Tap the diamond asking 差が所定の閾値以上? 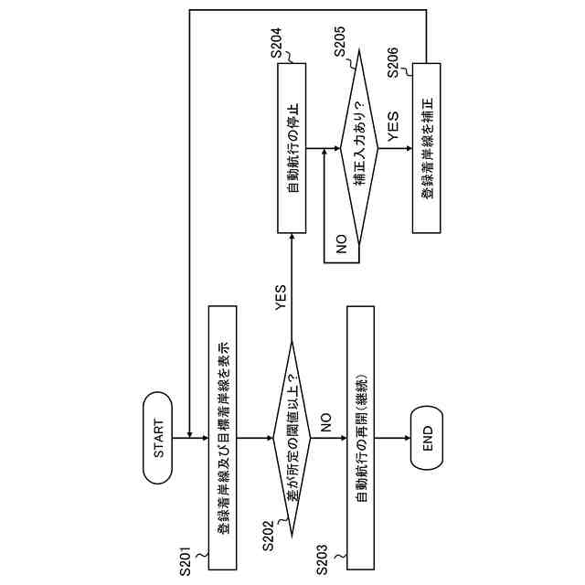click(292, 438)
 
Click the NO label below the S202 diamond click(324, 421)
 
